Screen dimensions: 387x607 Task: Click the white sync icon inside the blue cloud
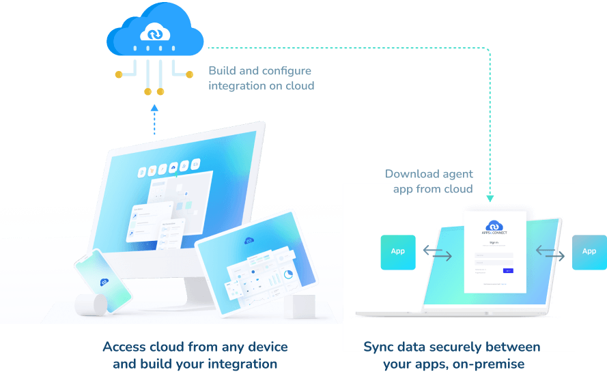click(154, 32)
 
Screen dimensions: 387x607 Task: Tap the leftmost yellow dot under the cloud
click(119, 73)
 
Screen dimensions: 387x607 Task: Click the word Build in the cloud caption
click(221, 71)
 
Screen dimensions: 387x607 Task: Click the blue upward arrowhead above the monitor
click(154, 108)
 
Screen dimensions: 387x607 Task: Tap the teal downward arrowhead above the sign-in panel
click(490, 199)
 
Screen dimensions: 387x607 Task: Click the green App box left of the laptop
click(398, 251)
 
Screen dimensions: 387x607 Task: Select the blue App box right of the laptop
click(589, 251)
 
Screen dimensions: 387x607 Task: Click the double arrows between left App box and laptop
click(438, 252)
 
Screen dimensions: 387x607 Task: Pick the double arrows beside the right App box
click(550, 252)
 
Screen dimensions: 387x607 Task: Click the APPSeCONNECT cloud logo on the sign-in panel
click(494, 226)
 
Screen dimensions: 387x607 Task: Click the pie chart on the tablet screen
click(288, 274)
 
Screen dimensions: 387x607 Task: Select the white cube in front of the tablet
click(302, 306)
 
